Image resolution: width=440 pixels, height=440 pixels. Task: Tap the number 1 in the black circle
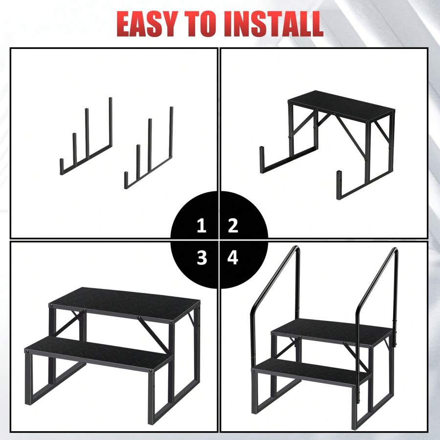(x=201, y=226)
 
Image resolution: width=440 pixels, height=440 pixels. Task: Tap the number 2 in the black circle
(x=233, y=226)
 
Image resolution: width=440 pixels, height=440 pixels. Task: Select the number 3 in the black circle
(x=201, y=258)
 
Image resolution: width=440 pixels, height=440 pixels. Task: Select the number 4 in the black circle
(x=233, y=258)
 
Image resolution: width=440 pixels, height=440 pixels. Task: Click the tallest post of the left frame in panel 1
(x=110, y=122)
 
